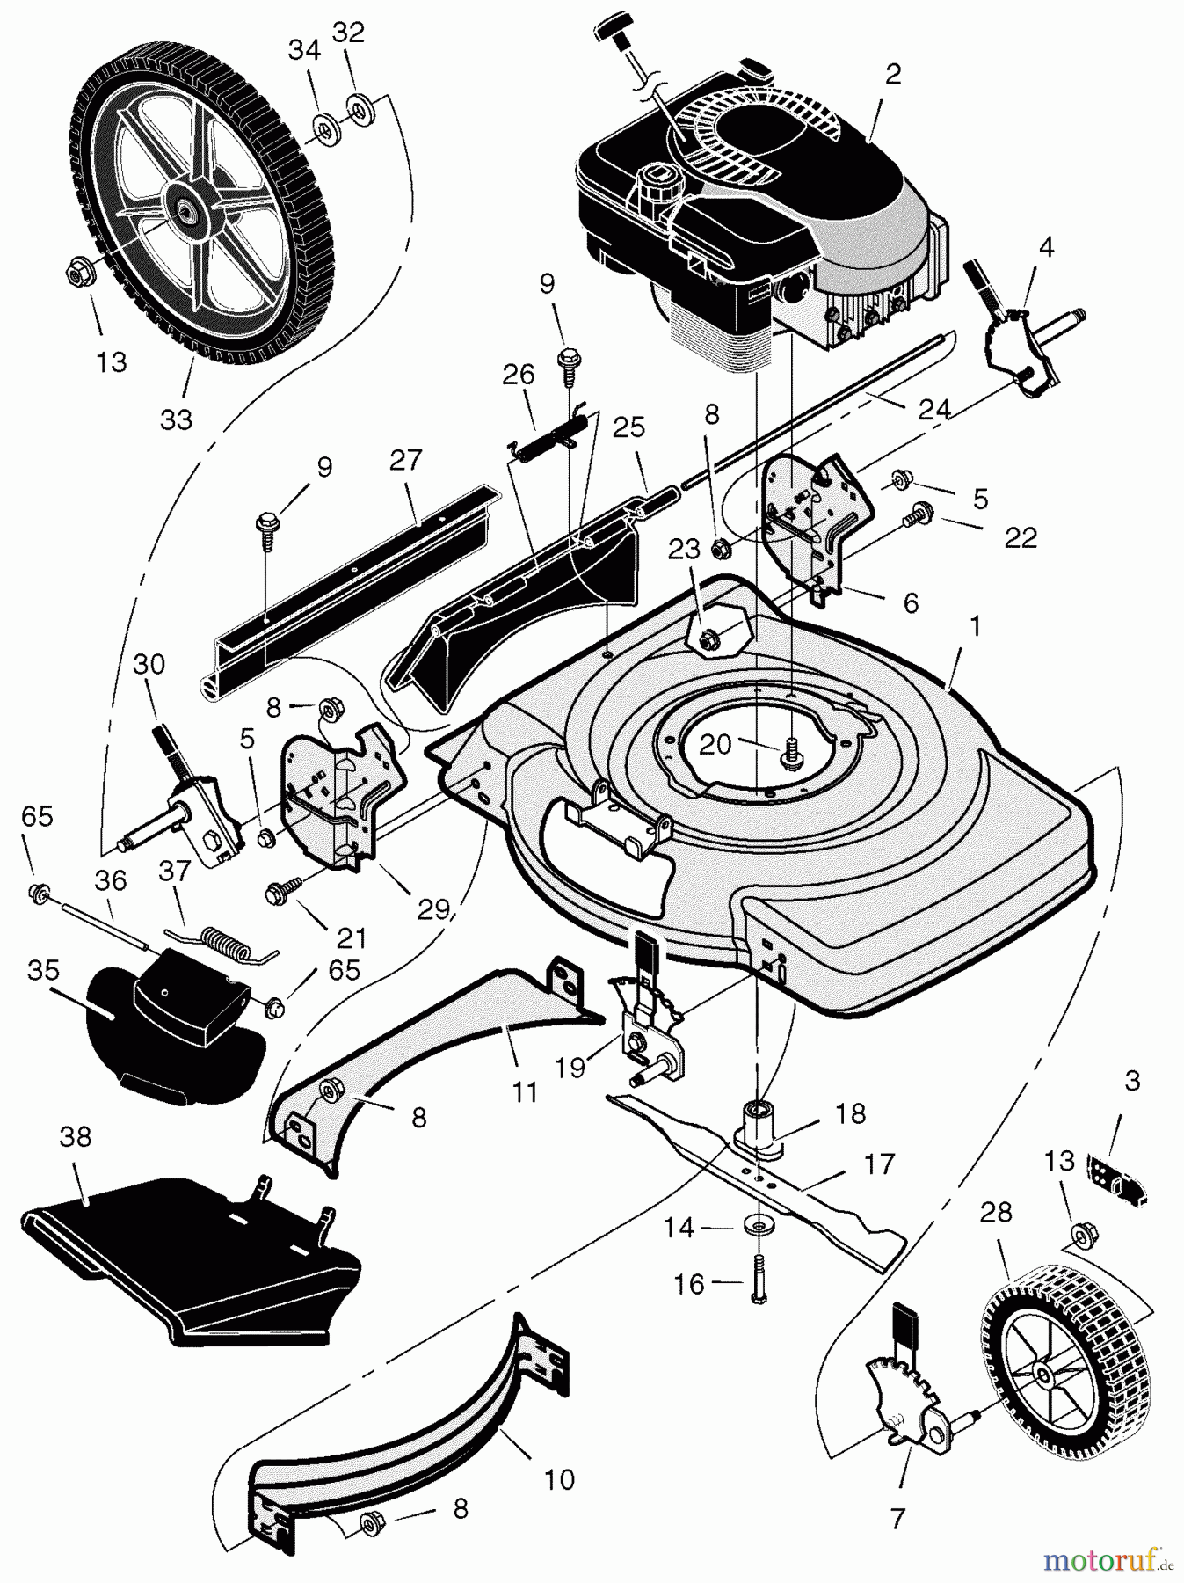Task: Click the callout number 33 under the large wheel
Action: point(176,419)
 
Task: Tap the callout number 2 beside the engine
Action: point(892,75)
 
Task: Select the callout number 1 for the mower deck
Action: point(974,627)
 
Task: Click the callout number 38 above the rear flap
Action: point(76,1137)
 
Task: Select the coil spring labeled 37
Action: point(221,939)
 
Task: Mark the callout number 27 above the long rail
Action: point(406,460)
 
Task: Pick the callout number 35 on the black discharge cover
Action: point(44,970)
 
